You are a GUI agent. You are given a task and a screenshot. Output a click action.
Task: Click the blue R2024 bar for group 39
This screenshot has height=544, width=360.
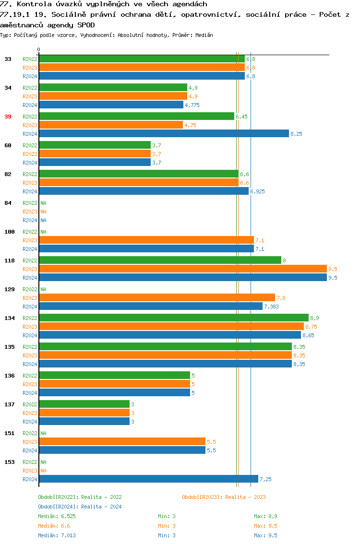pyautogui.click(x=164, y=134)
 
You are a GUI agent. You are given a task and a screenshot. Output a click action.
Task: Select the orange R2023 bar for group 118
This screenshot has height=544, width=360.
pyautogui.click(x=182, y=269)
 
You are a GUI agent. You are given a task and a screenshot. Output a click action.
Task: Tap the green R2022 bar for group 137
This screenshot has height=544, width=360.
pyautogui.click(x=84, y=404)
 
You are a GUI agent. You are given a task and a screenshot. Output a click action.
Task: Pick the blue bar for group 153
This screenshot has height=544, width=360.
pyautogui.click(x=148, y=479)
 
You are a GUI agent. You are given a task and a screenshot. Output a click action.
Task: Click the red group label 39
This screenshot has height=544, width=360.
pyautogui.click(x=8, y=117)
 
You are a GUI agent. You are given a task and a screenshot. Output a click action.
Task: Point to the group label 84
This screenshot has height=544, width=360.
pyautogui.click(x=8, y=203)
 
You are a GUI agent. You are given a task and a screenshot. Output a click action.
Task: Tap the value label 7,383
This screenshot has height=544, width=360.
pyautogui.click(x=271, y=307)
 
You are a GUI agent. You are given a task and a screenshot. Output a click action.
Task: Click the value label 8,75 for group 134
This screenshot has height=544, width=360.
pyautogui.click(x=311, y=327)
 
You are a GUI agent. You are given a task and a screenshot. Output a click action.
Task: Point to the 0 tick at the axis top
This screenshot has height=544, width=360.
pyautogui.click(x=39, y=49)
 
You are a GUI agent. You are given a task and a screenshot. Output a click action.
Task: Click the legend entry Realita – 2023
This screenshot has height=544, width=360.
pyautogui.click(x=224, y=497)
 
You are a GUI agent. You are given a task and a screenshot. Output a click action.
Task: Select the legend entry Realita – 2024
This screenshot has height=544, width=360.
pyautogui.click(x=80, y=507)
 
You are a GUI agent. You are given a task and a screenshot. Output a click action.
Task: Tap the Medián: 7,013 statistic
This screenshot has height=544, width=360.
pyautogui.click(x=57, y=535)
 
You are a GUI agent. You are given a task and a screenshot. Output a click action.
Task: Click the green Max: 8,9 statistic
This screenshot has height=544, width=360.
pyautogui.click(x=265, y=516)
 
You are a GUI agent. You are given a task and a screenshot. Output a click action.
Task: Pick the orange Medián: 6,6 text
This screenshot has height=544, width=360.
pyautogui.click(x=54, y=526)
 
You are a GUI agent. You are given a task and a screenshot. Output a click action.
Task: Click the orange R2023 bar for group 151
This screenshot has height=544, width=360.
pyautogui.click(x=122, y=442)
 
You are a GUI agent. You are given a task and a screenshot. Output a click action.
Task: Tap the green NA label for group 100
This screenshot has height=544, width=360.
pyautogui.click(x=43, y=232)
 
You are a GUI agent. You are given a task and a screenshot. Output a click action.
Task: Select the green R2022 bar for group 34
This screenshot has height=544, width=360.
pyautogui.click(x=113, y=88)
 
